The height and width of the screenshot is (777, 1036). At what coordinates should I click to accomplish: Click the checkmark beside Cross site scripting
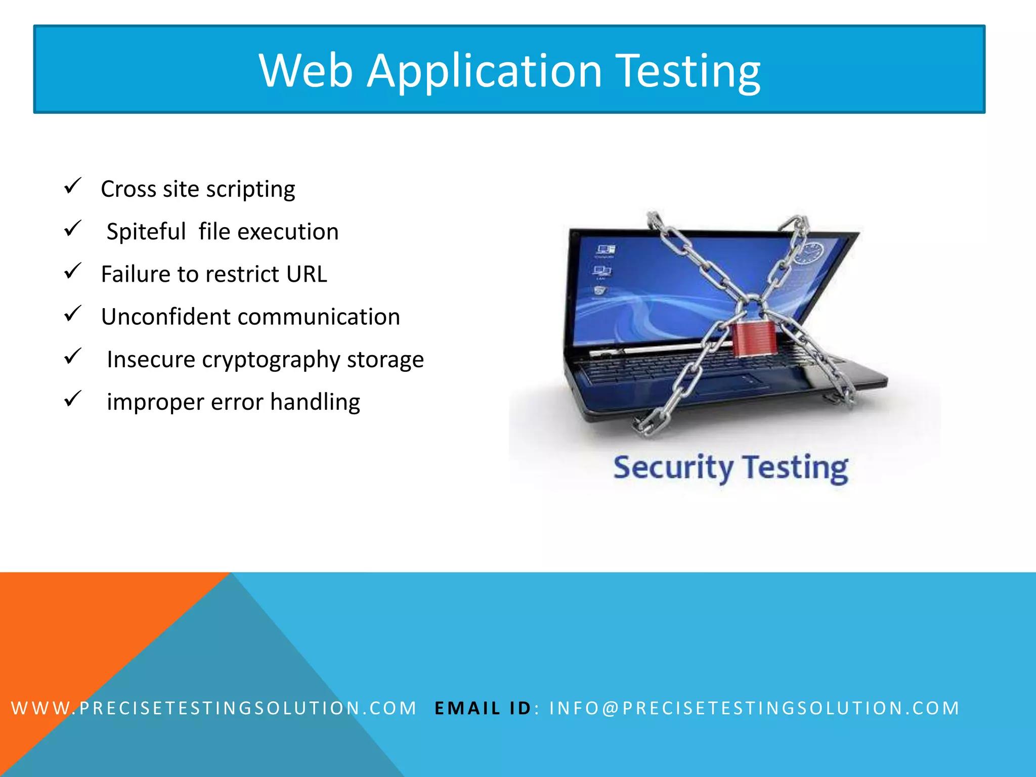click(x=72, y=186)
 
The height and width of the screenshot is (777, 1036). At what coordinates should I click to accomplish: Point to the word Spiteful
click(x=146, y=232)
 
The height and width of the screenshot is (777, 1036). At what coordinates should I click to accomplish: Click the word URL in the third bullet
click(x=307, y=274)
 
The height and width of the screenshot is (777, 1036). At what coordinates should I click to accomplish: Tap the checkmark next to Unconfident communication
click(x=72, y=314)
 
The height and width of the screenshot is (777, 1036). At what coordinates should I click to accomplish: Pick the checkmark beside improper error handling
click(x=72, y=399)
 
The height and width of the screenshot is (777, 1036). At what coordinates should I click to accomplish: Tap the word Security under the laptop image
click(x=673, y=467)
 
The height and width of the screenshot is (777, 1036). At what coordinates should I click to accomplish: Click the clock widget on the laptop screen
click(x=809, y=253)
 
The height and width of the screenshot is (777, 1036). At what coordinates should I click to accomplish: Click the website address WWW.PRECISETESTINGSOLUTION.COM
click(x=213, y=708)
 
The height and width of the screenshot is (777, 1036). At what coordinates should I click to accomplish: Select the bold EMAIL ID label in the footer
click(x=483, y=708)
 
